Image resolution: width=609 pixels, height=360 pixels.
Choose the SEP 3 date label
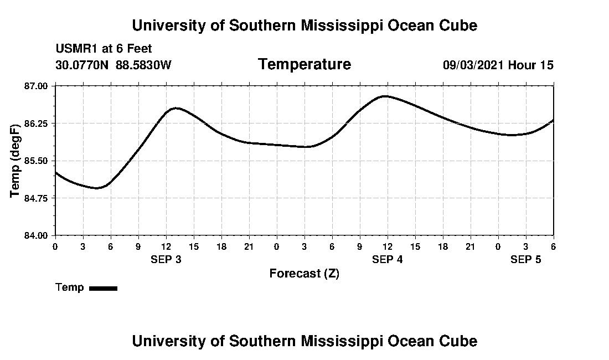[166, 259]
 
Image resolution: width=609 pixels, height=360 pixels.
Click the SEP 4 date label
[388, 259]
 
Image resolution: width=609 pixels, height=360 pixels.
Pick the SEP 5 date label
[526, 259]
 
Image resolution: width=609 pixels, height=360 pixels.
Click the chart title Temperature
[304, 64]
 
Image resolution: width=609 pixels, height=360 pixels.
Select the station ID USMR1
[75, 49]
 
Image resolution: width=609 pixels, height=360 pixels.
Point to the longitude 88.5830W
[144, 65]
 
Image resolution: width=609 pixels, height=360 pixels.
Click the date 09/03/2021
[473, 65]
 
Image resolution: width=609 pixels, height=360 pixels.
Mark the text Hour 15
[531, 65]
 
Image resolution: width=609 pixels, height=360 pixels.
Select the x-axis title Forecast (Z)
[304, 274]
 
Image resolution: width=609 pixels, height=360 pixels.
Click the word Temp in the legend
[70, 287]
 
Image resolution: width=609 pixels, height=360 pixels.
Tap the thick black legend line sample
[104, 288]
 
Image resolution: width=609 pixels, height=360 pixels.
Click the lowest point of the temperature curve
[97, 188]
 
